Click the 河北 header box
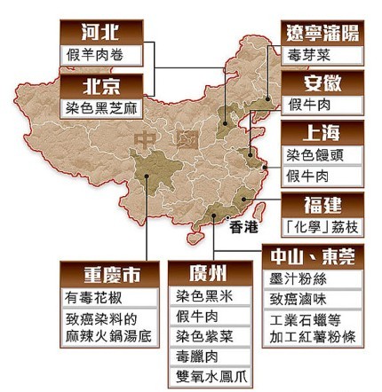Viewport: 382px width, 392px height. [x=101, y=31]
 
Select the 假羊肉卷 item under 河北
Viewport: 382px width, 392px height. [x=101, y=53]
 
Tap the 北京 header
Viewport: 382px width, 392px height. [x=101, y=85]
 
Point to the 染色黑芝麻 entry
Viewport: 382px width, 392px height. [x=101, y=107]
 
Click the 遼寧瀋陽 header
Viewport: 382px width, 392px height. [x=322, y=33]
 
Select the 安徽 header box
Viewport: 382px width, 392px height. [x=322, y=84]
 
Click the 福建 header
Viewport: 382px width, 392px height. [x=322, y=204]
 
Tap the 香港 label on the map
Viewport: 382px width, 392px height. [x=243, y=226]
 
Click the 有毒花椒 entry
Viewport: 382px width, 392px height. [x=94, y=297]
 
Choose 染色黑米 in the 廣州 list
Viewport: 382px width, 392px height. [x=203, y=295]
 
